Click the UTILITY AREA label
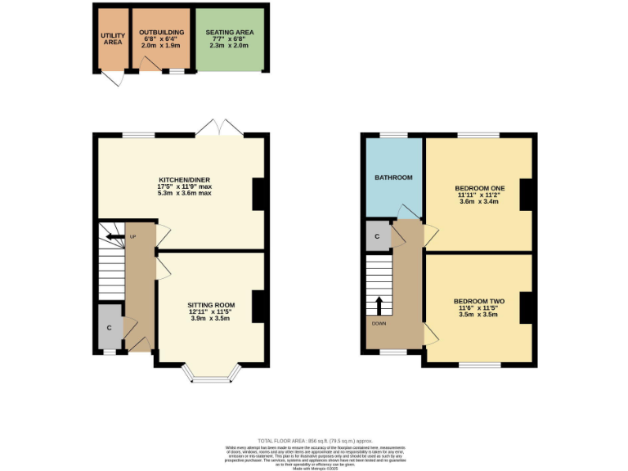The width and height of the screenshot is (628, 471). click(x=113, y=38)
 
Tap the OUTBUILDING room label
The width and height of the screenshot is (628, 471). click(x=161, y=32)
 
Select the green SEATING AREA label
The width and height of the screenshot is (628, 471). click(x=230, y=32)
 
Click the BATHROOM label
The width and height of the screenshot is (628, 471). click(x=393, y=177)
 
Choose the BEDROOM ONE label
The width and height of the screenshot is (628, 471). click(x=479, y=188)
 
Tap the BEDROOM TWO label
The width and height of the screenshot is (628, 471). click(x=478, y=301)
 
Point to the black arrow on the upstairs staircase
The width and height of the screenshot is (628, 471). click(x=379, y=305)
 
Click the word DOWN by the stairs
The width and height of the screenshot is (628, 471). click(x=379, y=323)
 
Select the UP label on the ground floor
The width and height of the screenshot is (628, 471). click(x=132, y=237)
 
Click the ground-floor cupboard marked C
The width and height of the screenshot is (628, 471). click(x=109, y=327)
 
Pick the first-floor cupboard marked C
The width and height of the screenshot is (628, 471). click(x=377, y=235)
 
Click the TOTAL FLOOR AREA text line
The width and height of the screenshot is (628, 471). click(x=314, y=441)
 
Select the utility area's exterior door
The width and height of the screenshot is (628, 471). click(x=111, y=78)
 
